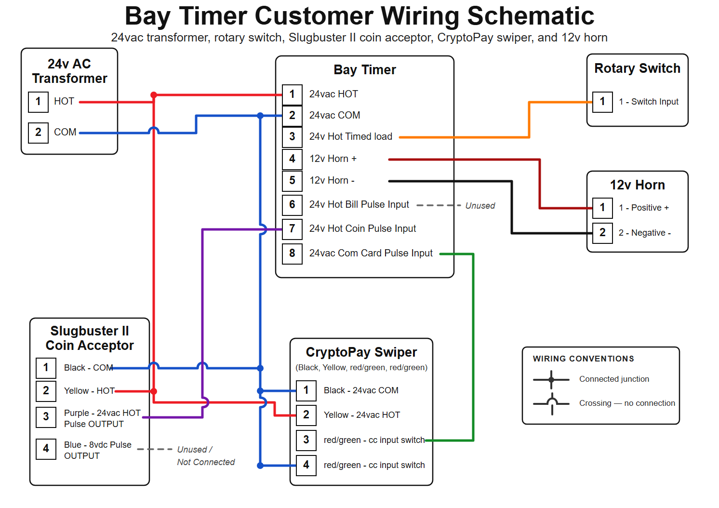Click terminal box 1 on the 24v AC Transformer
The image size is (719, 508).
pos(38,102)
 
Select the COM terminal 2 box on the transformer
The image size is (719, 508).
pos(38,133)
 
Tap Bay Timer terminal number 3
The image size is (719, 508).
pos(292,137)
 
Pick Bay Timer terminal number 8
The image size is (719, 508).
pos(292,254)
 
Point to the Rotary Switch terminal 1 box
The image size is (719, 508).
pos(602,102)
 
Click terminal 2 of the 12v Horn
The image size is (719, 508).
pos(602,233)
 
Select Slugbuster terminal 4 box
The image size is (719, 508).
pos(46,449)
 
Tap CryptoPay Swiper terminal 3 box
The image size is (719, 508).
pos(306,440)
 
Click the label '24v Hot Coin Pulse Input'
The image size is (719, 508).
pos(362,228)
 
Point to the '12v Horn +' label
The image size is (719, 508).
pos(333,159)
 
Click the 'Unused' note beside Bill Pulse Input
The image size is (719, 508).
pos(480,205)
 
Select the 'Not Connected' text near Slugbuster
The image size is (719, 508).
pos(206,462)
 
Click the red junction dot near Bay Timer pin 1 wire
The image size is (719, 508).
pos(154,95)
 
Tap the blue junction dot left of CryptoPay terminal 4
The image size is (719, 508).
pos(260,466)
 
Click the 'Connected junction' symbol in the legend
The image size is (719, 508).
pos(551,380)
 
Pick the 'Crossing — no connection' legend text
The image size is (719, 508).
pos(627,403)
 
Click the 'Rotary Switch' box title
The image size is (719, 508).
pos(637,68)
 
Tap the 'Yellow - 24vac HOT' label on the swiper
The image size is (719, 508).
pos(362,415)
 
